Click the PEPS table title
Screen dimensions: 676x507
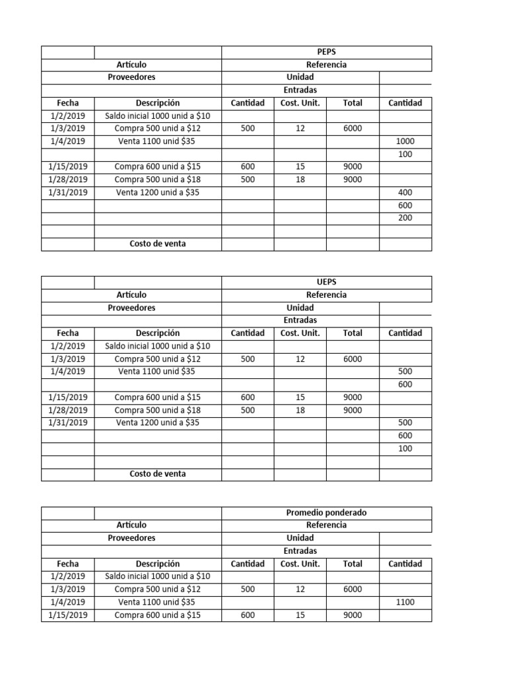click(x=326, y=52)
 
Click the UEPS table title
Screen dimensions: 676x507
click(x=326, y=283)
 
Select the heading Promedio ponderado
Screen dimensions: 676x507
click(x=326, y=512)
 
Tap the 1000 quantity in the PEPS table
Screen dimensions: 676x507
click(x=405, y=141)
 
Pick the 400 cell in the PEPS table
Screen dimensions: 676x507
click(x=405, y=192)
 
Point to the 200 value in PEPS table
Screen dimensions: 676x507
click(x=405, y=218)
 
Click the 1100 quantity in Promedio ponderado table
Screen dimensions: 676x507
click(x=405, y=602)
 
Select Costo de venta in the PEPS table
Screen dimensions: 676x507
click(x=157, y=244)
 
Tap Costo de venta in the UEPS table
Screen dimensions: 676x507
click(x=157, y=474)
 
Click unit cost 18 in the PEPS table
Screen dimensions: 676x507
click(x=300, y=180)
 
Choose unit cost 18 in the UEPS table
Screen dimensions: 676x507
click(x=300, y=410)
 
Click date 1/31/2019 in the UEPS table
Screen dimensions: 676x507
click(x=68, y=422)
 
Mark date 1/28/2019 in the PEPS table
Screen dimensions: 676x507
click(x=68, y=180)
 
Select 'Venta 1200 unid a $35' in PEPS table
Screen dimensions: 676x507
click(x=157, y=192)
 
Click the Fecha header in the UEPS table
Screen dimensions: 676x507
click(x=68, y=333)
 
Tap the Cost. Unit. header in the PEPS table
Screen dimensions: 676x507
click(x=300, y=103)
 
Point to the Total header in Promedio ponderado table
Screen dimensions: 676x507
click(x=353, y=564)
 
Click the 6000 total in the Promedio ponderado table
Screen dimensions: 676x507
click(x=353, y=589)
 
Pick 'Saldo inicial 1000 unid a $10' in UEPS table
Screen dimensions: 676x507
click(x=157, y=346)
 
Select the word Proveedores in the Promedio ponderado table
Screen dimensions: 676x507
click(x=131, y=538)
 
